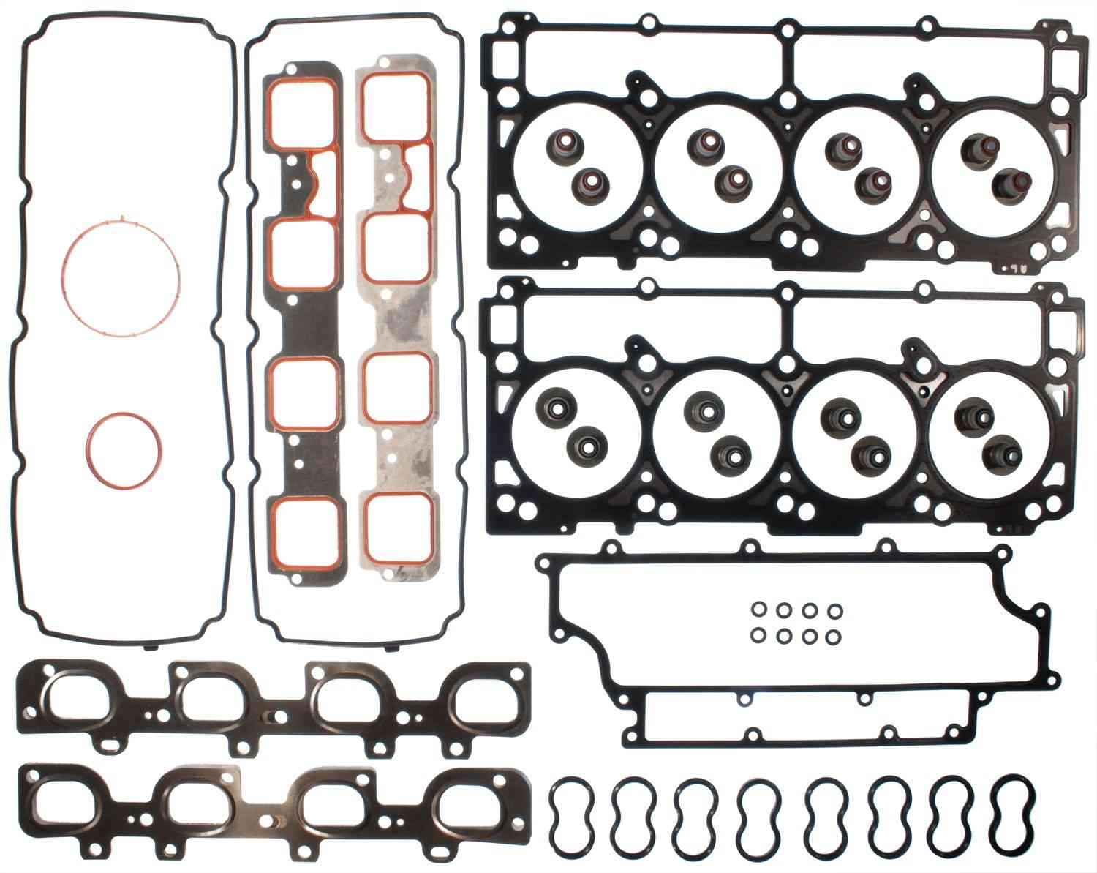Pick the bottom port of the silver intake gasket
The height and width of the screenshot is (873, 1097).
[x=397, y=528]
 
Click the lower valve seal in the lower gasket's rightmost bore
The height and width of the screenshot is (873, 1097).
[x=996, y=449]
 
